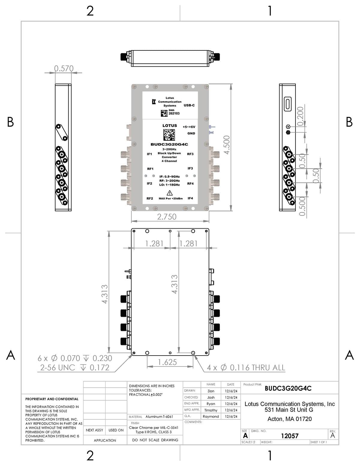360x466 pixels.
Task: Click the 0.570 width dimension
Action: click(64, 68)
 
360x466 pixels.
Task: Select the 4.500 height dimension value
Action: click(226, 145)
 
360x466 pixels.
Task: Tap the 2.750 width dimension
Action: click(167, 217)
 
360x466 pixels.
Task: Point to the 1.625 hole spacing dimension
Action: click(167, 362)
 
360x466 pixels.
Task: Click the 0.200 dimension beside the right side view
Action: click(300, 116)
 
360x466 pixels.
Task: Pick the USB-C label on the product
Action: click(189, 105)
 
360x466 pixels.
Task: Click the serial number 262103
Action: click(174, 113)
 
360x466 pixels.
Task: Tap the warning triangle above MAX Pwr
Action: click(169, 193)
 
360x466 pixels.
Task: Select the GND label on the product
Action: click(191, 134)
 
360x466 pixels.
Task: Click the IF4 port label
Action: click(190, 198)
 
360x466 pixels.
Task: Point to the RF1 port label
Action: click(150, 169)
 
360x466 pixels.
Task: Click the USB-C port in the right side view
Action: click(288, 104)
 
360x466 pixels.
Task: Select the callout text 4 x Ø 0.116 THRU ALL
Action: click(246, 368)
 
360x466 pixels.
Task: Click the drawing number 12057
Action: click(290, 436)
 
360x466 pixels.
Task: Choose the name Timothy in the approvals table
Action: click(211, 410)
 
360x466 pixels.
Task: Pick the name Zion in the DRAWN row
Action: click(211, 391)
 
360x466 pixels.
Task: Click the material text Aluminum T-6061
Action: click(159, 416)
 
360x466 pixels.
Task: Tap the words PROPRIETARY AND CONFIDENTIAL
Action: click(52, 399)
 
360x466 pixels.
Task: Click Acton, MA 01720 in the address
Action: click(289, 419)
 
